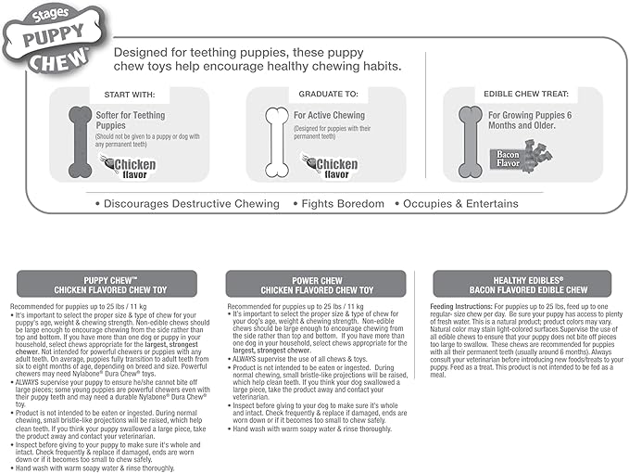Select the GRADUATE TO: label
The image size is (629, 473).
[x=325, y=94]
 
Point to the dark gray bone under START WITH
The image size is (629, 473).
[x=80, y=141]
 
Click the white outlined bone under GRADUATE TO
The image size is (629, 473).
[x=276, y=141]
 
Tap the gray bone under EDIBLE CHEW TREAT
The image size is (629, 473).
[x=472, y=141]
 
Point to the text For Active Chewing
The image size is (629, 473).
[x=330, y=115]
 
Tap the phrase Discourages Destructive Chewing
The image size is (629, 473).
[x=187, y=203]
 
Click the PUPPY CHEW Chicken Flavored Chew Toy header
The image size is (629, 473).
[x=107, y=284]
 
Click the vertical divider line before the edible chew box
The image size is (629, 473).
[x=425, y=130]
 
